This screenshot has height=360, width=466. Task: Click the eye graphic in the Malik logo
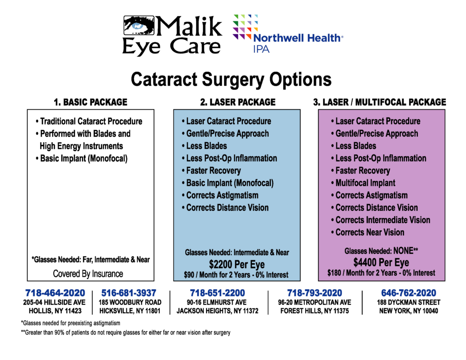[x=139, y=25]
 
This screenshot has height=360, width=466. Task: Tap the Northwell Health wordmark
[x=298, y=38]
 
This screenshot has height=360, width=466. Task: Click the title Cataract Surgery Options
[x=231, y=79]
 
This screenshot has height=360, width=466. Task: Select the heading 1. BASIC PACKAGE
[x=91, y=102]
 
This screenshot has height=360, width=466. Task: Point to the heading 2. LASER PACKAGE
[x=238, y=102]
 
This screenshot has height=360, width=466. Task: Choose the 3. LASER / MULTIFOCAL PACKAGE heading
[x=380, y=102]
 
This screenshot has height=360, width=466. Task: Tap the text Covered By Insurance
[x=88, y=274]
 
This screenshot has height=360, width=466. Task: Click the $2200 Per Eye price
[x=237, y=264]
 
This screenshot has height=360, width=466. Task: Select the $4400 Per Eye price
[x=381, y=263]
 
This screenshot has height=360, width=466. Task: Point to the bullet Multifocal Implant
[x=363, y=183]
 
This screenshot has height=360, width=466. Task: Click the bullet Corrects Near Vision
[x=368, y=232]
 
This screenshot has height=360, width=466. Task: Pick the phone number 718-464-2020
[x=55, y=293]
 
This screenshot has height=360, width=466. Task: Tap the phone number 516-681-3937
[x=129, y=293]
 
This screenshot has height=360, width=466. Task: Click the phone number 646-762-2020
[x=409, y=293]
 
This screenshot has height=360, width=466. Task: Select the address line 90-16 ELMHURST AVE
[x=217, y=302]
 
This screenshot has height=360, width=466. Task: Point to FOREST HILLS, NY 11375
[x=315, y=311]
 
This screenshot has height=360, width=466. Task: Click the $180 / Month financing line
[x=381, y=273]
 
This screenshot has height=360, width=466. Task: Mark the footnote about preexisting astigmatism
[x=71, y=323]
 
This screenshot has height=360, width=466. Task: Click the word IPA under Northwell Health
[x=261, y=49]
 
